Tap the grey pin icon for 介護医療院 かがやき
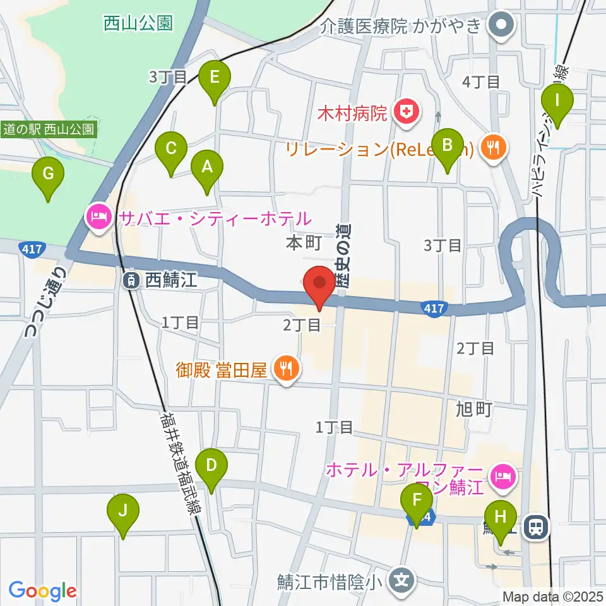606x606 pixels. (504, 26)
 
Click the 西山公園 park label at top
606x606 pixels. (138, 24)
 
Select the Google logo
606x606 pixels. (43, 590)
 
